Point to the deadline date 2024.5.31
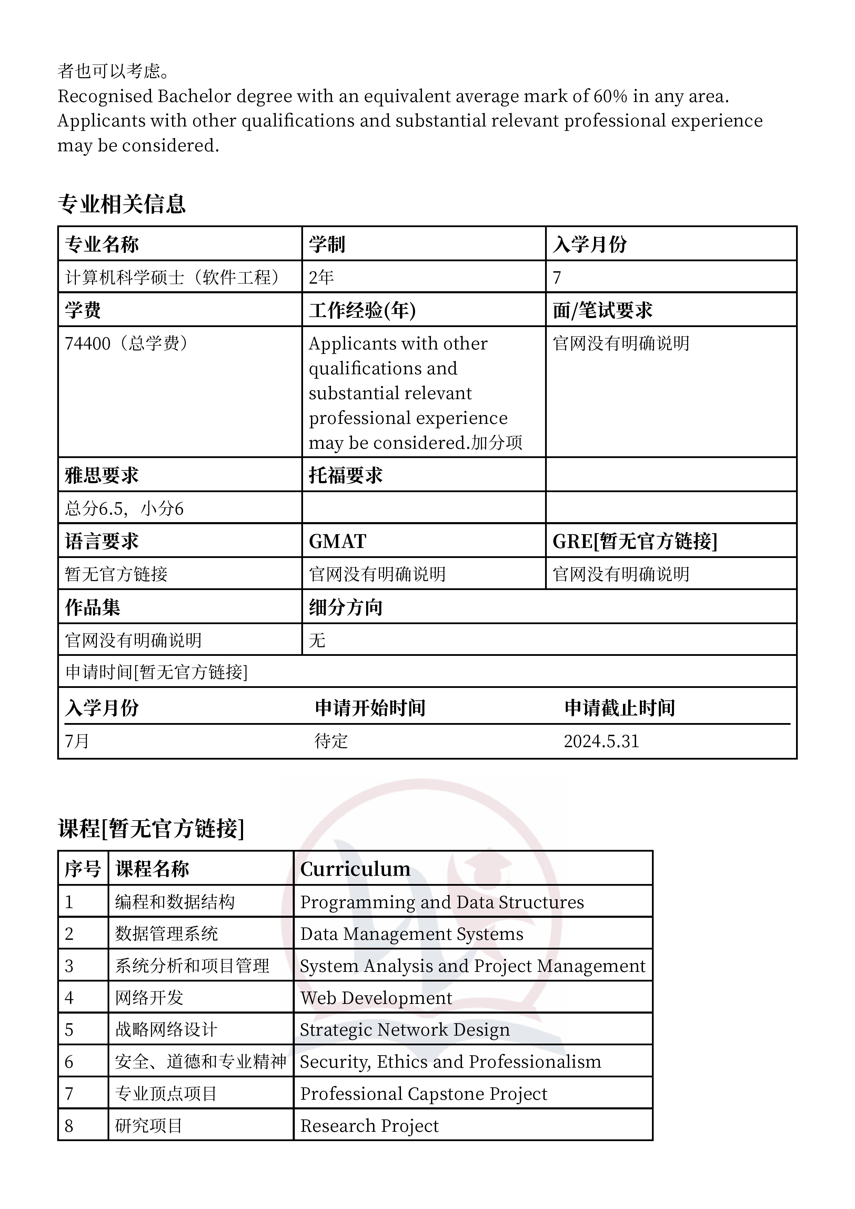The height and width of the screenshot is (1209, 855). tap(601, 741)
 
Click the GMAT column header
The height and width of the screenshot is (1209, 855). tap(337, 541)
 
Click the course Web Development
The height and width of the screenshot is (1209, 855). tap(376, 998)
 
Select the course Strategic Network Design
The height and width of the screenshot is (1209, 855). tap(405, 1030)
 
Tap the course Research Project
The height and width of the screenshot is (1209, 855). tap(369, 1126)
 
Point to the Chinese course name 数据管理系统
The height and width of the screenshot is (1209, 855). tap(167, 934)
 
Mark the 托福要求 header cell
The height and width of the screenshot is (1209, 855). tap(345, 476)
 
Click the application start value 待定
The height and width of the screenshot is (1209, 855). tap(331, 741)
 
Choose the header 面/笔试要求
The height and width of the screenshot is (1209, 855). tap(602, 310)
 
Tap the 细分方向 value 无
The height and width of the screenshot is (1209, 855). tap(317, 641)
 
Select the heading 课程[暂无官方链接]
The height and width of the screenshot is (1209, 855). tap(151, 828)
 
